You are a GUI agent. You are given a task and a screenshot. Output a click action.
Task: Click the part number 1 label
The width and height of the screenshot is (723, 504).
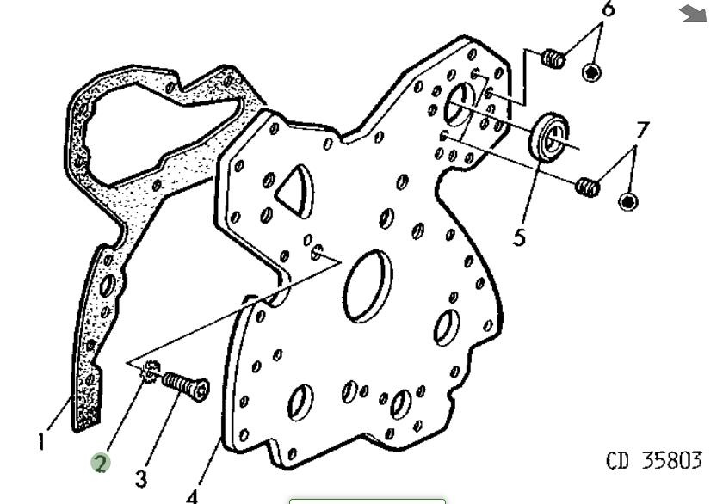click(41, 441)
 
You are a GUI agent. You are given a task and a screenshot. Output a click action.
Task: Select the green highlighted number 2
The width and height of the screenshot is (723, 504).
click(101, 463)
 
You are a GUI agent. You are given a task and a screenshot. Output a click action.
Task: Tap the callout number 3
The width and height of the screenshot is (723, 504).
click(141, 479)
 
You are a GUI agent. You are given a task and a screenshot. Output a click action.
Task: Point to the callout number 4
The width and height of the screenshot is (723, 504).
click(193, 496)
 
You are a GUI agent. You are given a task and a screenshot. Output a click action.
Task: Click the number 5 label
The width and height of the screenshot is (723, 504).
click(519, 237)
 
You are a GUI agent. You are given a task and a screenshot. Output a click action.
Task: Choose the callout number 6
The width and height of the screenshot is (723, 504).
click(609, 9)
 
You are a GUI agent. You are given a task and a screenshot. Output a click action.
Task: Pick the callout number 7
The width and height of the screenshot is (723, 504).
click(642, 131)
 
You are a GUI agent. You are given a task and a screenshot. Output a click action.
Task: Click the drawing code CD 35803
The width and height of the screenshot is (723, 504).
click(654, 460)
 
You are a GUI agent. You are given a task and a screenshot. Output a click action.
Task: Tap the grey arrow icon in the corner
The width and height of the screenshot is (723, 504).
click(693, 14)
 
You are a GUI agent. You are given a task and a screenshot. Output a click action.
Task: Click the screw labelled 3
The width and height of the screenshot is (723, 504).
click(186, 385)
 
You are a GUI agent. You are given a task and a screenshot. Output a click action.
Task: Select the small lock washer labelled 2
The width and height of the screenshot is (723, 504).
click(151, 371)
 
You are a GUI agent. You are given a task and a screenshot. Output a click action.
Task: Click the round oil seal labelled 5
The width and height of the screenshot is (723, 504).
click(549, 137)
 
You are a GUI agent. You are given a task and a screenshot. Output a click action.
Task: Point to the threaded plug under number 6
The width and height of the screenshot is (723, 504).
click(553, 58)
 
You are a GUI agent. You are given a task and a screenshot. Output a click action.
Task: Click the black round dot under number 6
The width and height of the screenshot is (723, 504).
click(591, 72)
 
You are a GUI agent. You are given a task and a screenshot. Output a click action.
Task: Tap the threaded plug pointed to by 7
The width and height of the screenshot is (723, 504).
click(588, 186)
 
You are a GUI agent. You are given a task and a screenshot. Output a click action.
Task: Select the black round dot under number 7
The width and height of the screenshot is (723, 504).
click(628, 201)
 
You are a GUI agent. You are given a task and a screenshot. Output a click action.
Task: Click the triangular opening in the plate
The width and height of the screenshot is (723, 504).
click(295, 189)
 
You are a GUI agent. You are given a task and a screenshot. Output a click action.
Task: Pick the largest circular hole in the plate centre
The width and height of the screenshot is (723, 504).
click(368, 286)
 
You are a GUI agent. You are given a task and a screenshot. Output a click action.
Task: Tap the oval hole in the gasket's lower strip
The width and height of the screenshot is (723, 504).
click(107, 286)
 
